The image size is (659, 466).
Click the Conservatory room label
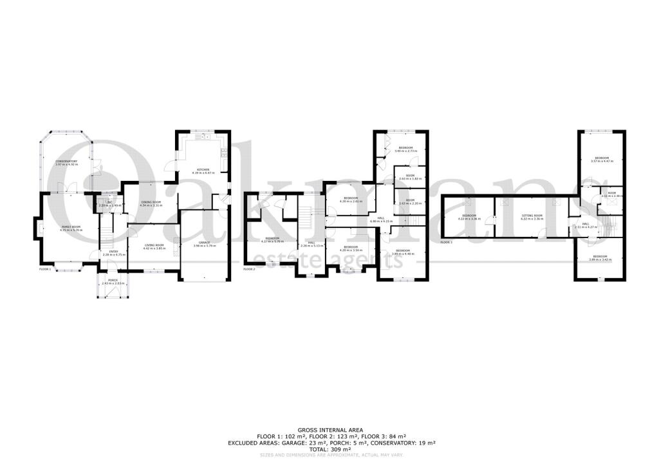pos(66,161)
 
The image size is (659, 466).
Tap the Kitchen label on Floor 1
pos(203,170)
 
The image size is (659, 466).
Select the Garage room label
pos(203,242)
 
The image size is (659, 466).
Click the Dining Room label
pos(152,202)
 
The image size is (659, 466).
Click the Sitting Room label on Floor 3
pos(532,216)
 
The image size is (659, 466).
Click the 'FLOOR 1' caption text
pos(44,268)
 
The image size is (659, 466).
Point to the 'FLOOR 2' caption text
pos(249,268)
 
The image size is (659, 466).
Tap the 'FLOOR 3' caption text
pos(446,243)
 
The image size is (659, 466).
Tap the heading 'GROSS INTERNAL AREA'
pos(329,430)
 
